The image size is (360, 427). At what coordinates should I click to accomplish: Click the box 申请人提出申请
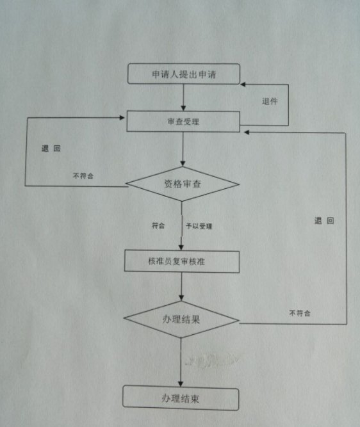[184, 74]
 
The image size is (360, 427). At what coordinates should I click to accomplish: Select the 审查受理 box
[183, 121]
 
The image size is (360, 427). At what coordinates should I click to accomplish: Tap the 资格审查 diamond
[183, 184]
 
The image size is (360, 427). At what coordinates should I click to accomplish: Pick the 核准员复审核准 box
[182, 261]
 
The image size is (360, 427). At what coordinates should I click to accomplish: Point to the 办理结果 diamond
[181, 319]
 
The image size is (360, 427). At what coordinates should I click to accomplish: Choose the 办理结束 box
[181, 398]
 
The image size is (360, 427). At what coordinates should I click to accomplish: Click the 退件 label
[270, 101]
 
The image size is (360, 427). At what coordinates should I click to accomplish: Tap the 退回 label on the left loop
[51, 149]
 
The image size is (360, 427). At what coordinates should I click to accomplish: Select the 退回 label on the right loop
[324, 221]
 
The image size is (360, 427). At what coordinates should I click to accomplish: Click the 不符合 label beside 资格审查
[83, 176]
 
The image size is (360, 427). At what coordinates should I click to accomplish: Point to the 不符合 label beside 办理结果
[300, 313]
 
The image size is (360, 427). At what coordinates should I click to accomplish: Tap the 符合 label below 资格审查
[158, 225]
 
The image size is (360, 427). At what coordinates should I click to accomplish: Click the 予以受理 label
[199, 226]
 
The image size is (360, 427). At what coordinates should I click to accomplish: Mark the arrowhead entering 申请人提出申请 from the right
[243, 85]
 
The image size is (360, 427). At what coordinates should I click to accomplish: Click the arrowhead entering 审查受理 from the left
[122, 118]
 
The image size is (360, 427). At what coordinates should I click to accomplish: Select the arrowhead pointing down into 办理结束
[181, 383]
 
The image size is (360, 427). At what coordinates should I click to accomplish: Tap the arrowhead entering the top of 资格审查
[183, 164]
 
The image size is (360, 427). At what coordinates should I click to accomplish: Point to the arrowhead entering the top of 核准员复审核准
[181, 248]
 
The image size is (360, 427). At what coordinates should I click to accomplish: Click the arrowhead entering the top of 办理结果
[181, 298]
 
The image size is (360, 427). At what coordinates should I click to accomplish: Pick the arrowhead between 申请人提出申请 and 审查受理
[183, 108]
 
